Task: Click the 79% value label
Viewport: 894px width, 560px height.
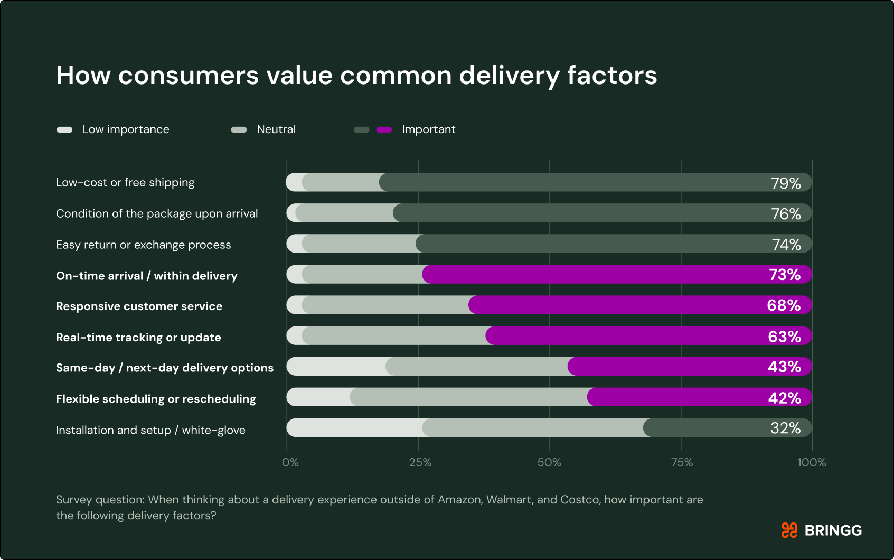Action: (786, 183)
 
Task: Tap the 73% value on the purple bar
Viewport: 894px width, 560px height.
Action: (785, 275)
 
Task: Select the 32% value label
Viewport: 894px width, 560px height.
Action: (786, 428)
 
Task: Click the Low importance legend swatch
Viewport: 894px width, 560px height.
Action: (64, 130)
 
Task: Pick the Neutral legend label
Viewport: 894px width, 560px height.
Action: (276, 129)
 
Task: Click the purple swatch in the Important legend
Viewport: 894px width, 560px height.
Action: (384, 130)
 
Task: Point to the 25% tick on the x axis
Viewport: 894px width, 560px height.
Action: (420, 463)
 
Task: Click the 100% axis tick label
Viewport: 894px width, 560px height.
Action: (812, 463)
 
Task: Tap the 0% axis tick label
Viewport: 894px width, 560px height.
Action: (290, 463)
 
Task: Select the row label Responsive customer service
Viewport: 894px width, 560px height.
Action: (139, 306)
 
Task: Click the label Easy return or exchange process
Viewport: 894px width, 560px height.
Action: (143, 245)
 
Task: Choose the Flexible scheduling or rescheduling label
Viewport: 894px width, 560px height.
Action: (156, 399)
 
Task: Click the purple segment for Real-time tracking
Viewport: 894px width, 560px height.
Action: (623, 336)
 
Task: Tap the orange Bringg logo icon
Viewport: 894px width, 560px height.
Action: (789, 530)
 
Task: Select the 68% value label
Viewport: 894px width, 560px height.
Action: (784, 305)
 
